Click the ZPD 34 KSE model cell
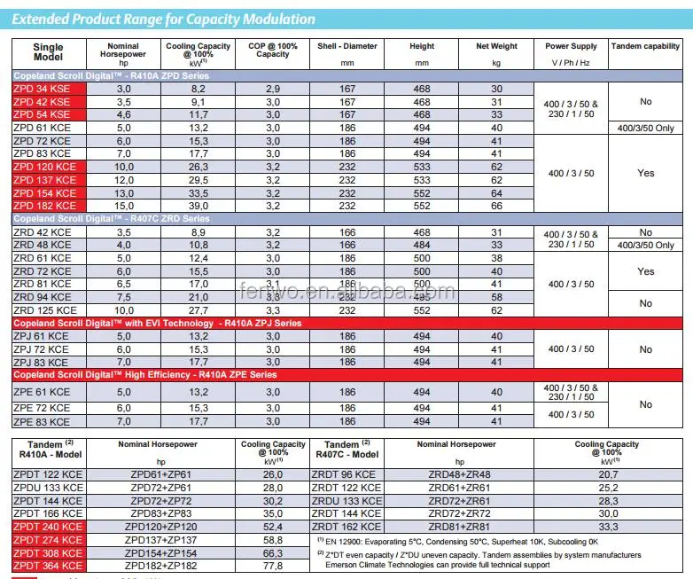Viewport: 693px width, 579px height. [42, 89]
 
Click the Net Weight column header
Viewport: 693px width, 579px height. [496, 46]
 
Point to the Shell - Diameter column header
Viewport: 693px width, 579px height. [346, 46]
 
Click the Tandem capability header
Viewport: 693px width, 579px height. [645, 46]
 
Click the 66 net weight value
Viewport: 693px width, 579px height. [496, 206]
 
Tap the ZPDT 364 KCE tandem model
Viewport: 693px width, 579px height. [49, 565]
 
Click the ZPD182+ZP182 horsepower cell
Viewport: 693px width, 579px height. [161, 565]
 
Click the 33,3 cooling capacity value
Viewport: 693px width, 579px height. [606, 527]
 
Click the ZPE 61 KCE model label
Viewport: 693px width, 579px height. [42, 392]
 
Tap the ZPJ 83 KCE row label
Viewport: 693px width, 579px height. [41, 362]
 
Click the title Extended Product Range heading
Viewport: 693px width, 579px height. [165, 19]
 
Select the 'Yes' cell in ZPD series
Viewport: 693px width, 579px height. [645, 173]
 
